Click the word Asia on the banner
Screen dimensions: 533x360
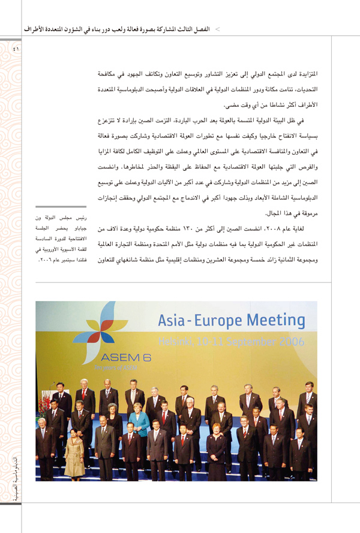175,321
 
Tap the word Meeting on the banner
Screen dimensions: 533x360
272,321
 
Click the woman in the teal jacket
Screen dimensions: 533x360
140,423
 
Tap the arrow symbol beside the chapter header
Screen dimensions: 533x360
217,28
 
